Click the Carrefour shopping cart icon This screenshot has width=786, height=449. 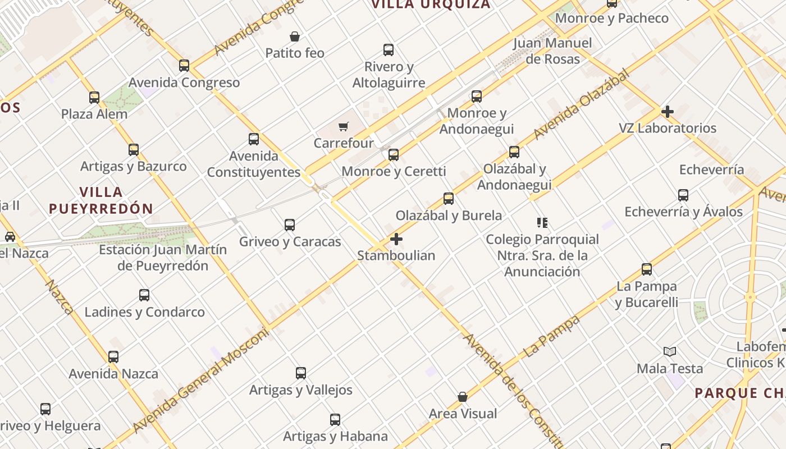[x=344, y=127]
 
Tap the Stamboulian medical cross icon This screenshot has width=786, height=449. [x=396, y=239]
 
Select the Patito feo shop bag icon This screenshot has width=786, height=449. [x=295, y=37]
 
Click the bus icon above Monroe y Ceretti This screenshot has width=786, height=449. [x=394, y=154]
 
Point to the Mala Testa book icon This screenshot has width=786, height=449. [x=669, y=352]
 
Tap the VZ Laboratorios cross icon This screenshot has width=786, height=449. [x=667, y=112]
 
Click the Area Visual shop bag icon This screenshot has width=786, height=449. [x=463, y=397]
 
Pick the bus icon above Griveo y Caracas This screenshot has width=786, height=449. [x=290, y=225]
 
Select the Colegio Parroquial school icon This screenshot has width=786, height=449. [x=542, y=223]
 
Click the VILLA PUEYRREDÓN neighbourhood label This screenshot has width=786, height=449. [x=101, y=200]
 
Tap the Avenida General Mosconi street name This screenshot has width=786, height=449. [x=201, y=381]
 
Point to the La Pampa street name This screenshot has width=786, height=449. [x=551, y=337]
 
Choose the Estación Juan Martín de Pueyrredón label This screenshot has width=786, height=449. [x=163, y=258]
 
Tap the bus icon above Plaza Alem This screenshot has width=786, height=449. [x=94, y=98]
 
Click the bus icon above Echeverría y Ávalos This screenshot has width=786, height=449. [x=683, y=195]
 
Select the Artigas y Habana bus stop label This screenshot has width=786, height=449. [x=335, y=436]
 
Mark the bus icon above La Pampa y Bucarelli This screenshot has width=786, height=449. [x=647, y=269]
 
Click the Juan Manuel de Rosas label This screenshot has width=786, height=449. [x=552, y=51]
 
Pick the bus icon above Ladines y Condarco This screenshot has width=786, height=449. [x=144, y=295]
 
